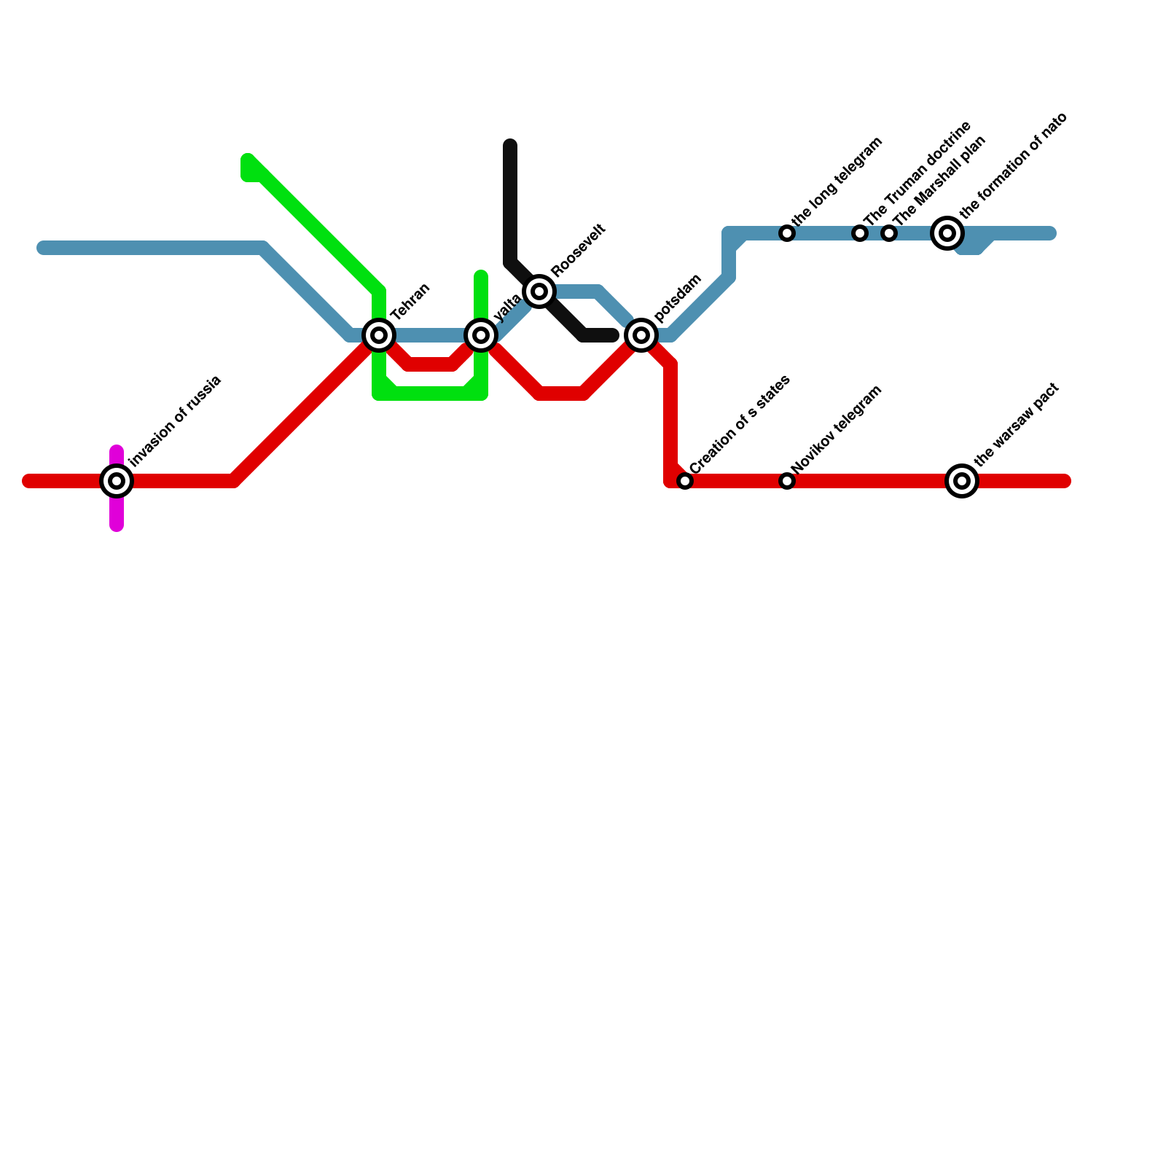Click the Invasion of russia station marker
pyautogui.click(x=117, y=481)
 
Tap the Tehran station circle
pyautogui.click(x=379, y=335)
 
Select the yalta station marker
pyautogui.click(x=481, y=335)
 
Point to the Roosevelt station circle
pyautogui.click(x=539, y=291)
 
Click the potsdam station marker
pyautogui.click(x=641, y=335)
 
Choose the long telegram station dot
pyautogui.click(x=787, y=233)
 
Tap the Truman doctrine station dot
pyautogui.click(x=860, y=233)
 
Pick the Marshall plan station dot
pyautogui.click(x=889, y=233)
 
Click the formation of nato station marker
pyautogui.click(x=947, y=233)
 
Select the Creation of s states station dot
pyautogui.click(x=685, y=481)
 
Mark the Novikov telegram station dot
pyautogui.click(x=787, y=481)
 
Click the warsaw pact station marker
pyautogui.click(x=962, y=481)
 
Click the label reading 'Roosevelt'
pyautogui.click(x=579, y=250)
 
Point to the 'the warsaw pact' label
pyautogui.click(x=1016, y=424)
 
